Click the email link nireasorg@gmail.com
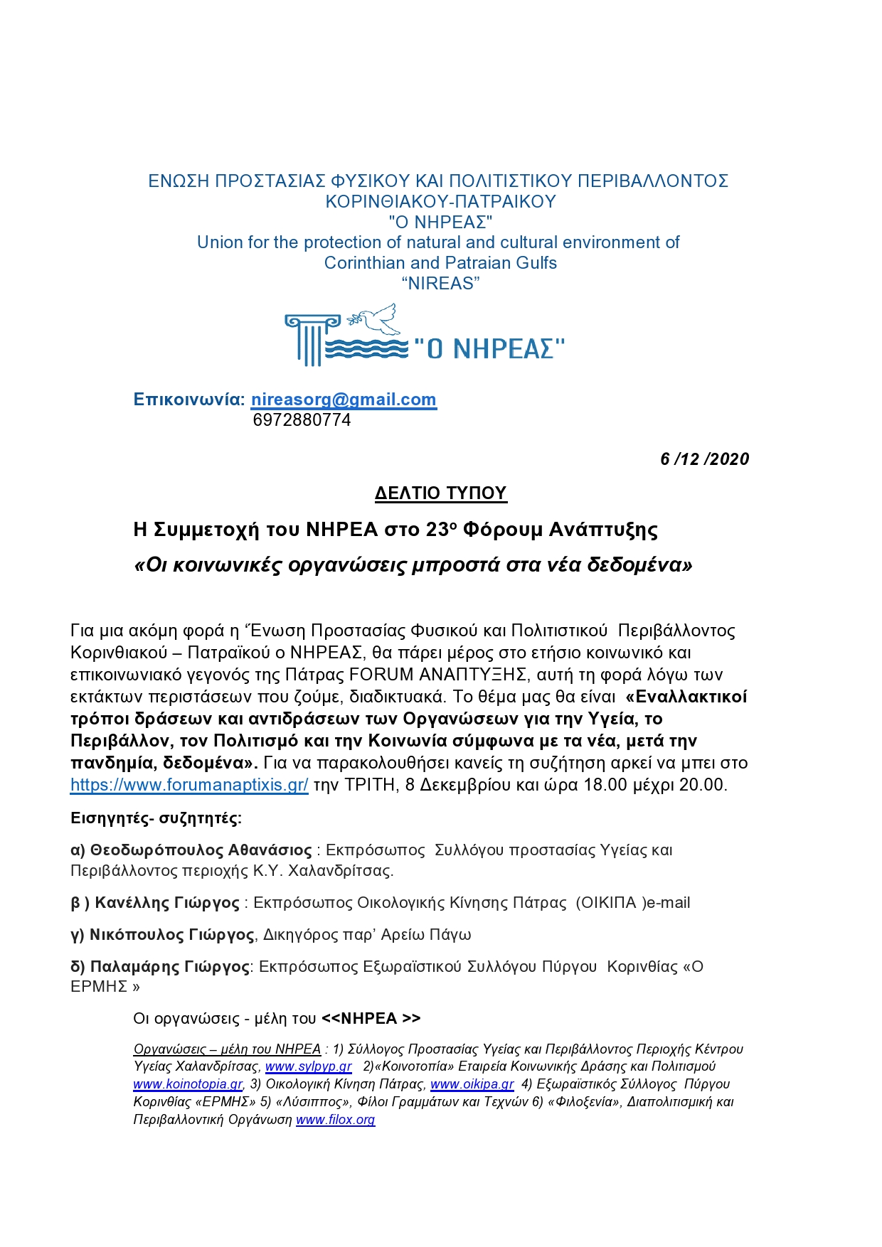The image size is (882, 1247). [x=344, y=400]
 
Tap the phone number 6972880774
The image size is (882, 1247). [x=302, y=420]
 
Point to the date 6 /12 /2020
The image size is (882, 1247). [x=704, y=459]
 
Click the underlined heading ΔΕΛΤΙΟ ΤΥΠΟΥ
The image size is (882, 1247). [x=441, y=493]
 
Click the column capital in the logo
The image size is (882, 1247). [x=312, y=322]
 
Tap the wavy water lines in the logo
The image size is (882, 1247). [x=366, y=348]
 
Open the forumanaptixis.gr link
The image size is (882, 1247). [x=189, y=785]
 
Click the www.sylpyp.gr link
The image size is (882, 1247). [x=308, y=1066]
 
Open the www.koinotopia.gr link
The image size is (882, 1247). [x=188, y=1084]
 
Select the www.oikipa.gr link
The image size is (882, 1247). [x=472, y=1084]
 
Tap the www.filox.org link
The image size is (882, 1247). [x=335, y=1120]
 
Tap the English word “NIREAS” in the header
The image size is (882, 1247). [x=441, y=284]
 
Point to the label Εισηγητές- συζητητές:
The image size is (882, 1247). [x=156, y=818]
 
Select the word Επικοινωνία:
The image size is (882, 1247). [x=188, y=400]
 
